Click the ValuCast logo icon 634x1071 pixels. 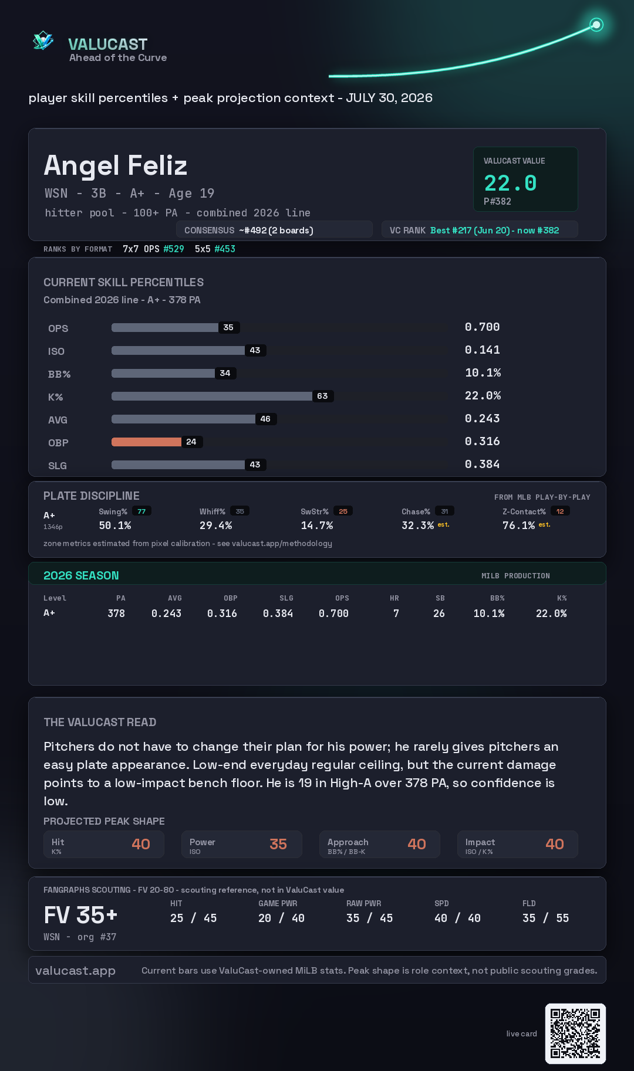(x=43, y=40)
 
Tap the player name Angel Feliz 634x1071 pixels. (x=116, y=165)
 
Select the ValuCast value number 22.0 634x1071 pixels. (x=510, y=183)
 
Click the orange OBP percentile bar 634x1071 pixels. (x=146, y=442)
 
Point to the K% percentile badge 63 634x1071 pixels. (x=322, y=396)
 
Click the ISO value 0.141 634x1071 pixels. (x=483, y=350)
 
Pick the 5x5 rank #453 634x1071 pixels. (x=225, y=249)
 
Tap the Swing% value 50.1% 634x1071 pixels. (x=115, y=526)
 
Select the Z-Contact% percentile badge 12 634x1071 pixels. (x=560, y=511)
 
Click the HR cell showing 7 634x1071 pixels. (x=396, y=614)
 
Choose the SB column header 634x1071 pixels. (x=440, y=598)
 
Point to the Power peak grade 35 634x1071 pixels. (x=278, y=844)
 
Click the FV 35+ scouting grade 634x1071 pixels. (x=80, y=915)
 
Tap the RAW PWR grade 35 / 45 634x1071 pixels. (x=370, y=918)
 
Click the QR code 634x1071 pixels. (x=575, y=1033)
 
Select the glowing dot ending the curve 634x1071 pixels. (x=596, y=25)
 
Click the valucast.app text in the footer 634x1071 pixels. (x=76, y=971)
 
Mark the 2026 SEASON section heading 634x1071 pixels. (x=81, y=575)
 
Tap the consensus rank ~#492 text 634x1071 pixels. (x=276, y=231)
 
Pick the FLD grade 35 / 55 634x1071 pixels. (x=546, y=918)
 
